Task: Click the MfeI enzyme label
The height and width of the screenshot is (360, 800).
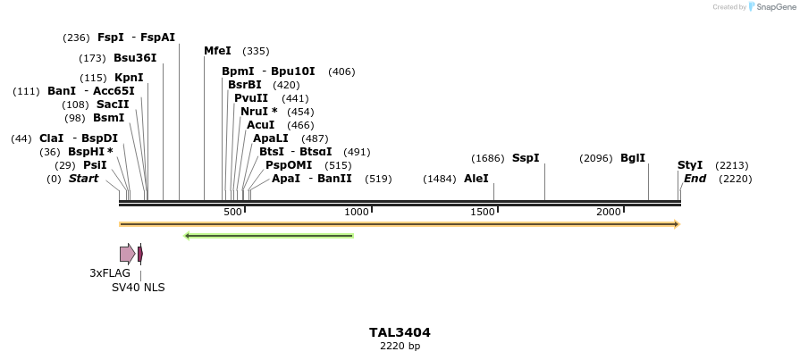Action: coord(217,51)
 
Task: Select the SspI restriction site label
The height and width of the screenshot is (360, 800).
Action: coord(526,158)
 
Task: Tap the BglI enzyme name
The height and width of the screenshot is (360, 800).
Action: coord(632,158)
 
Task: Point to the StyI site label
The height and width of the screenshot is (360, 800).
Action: coord(690,165)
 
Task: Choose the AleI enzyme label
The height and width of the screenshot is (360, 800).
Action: coord(476,179)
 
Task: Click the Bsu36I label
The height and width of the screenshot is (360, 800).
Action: coord(135,58)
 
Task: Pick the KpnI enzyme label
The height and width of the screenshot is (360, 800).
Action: coord(129,78)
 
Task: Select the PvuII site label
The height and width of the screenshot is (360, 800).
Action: coord(251,98)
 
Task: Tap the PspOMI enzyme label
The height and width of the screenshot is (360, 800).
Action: coord(289,165)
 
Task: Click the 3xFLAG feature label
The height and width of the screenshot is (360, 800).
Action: coord(110,272)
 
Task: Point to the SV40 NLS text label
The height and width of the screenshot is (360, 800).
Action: coord(138,287)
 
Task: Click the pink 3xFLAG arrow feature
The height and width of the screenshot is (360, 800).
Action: coord(127,254)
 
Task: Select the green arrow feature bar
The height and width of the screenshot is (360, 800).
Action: coord(268,236)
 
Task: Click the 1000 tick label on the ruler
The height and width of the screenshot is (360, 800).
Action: coord(357,212)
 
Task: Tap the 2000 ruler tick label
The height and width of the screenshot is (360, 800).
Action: coord(609,212)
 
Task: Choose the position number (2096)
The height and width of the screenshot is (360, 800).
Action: coord(595,158)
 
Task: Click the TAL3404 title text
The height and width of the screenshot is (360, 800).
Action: coord(400,332)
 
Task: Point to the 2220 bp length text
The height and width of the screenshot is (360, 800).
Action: coord(400,346)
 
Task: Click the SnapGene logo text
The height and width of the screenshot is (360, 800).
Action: coord(775,7)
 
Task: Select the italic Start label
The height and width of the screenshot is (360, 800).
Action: coord(83,179)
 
